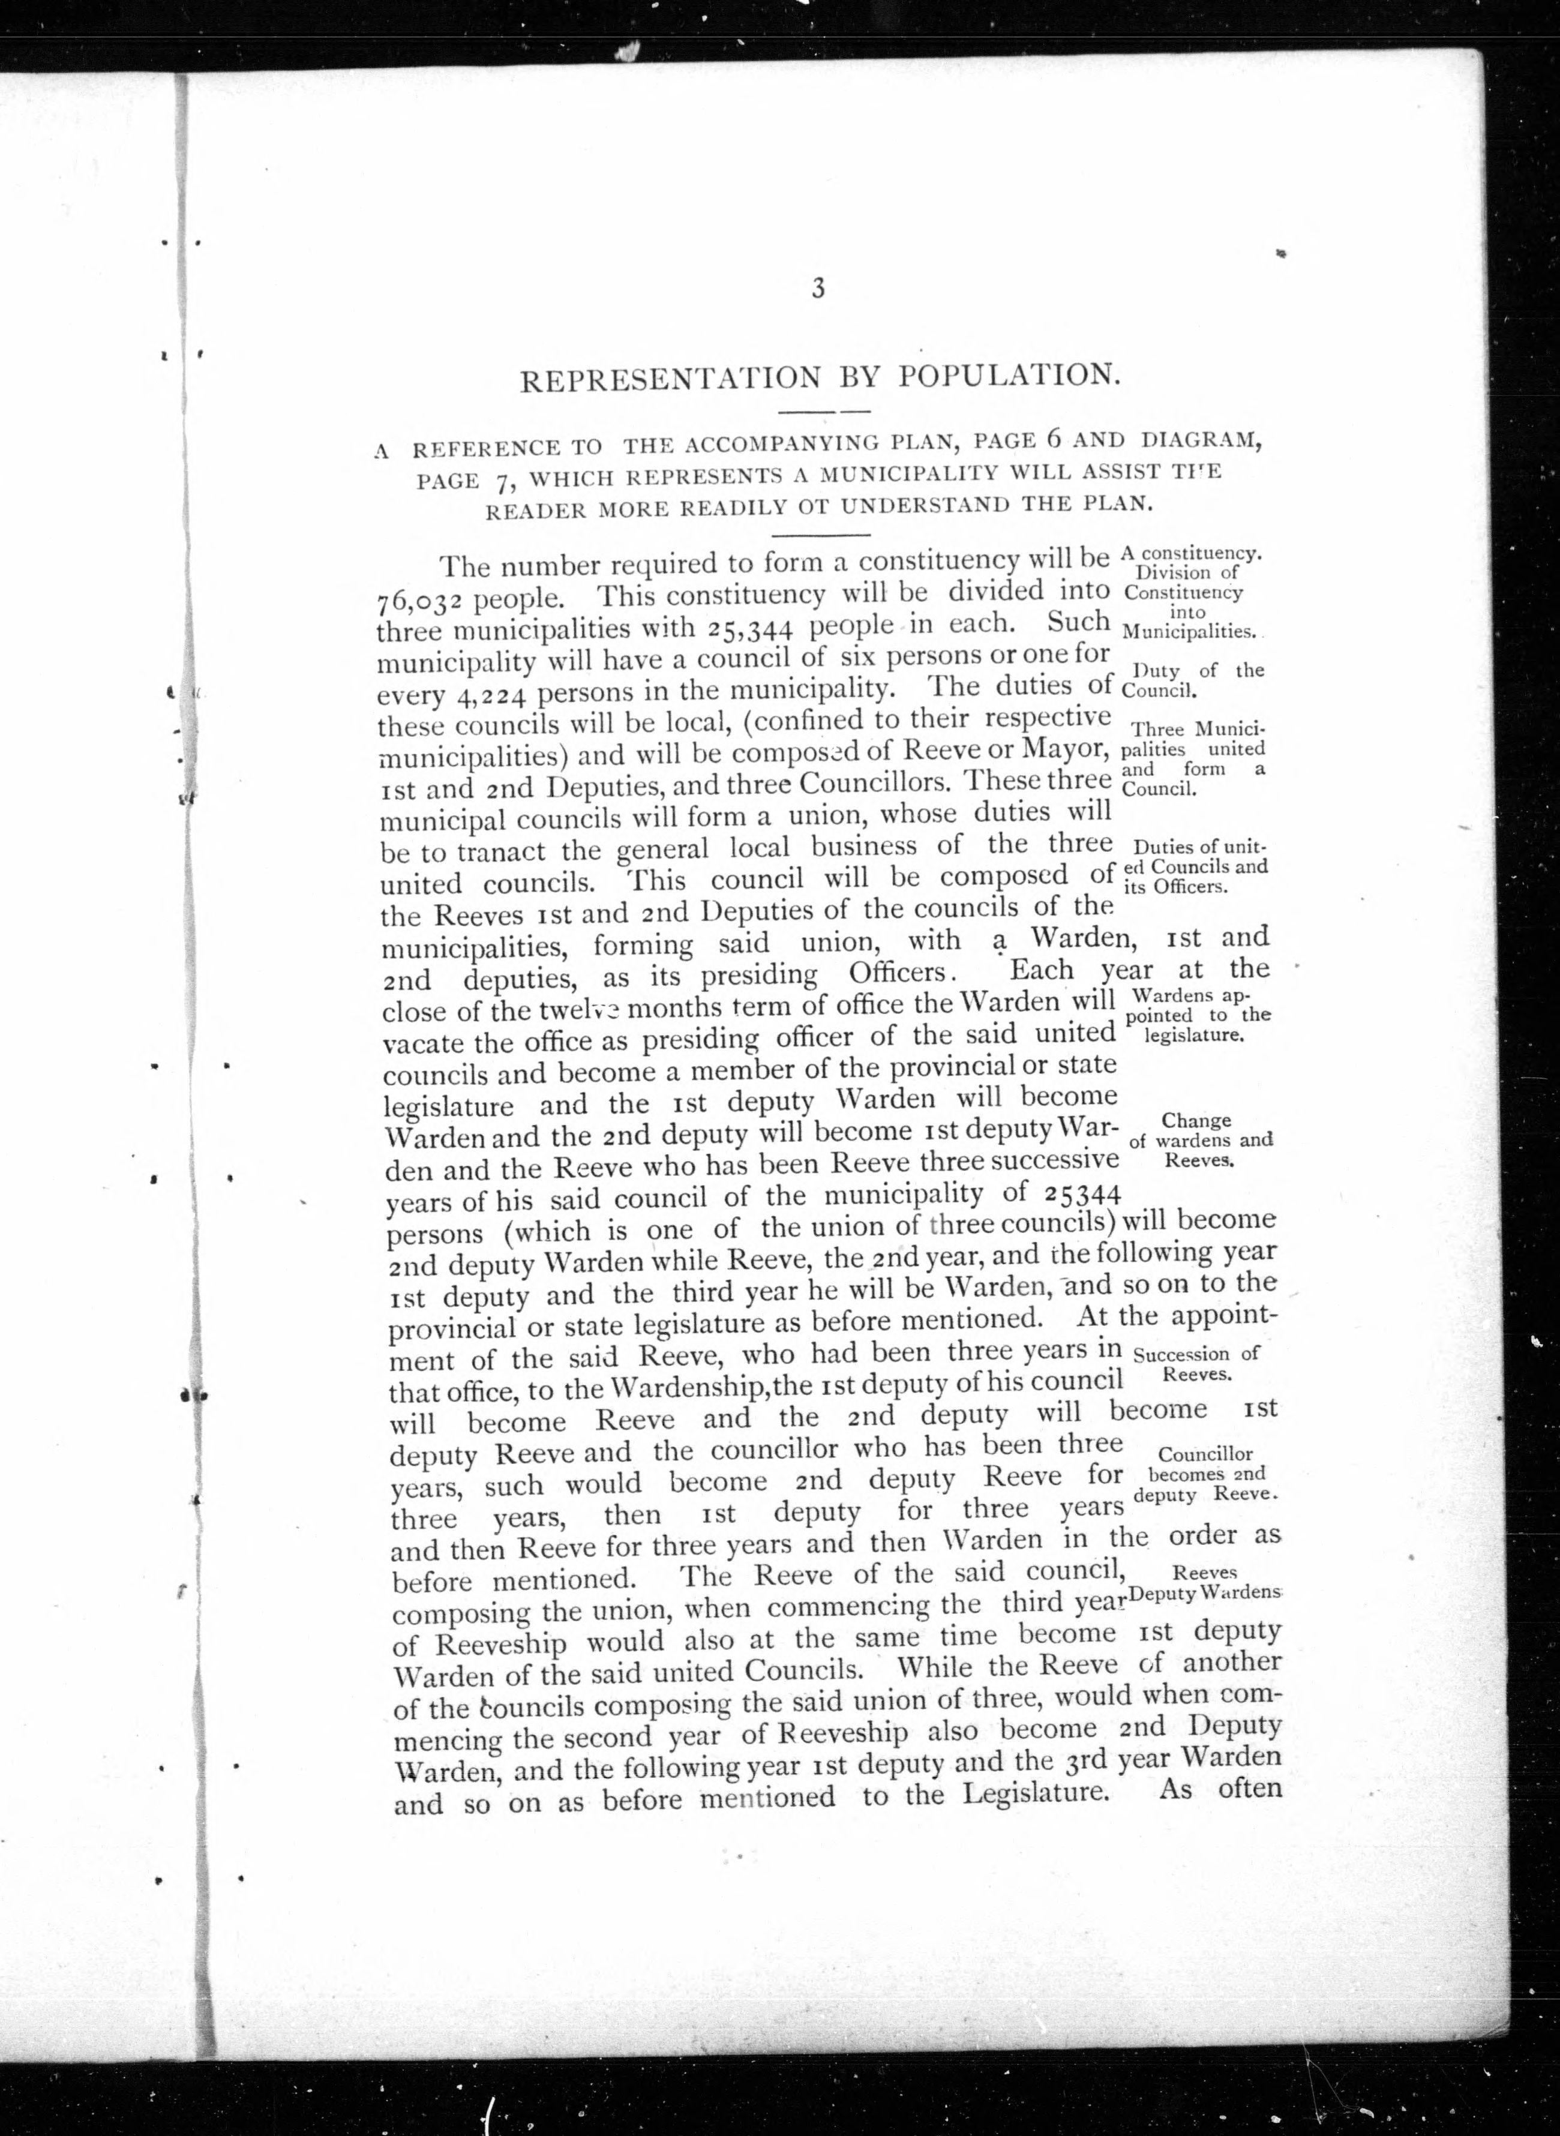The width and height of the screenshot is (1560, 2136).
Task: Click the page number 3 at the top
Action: coord(818,288)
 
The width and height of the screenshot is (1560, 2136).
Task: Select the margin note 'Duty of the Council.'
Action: coord(1193,680)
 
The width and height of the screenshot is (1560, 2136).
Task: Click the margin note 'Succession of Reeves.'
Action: coord(1195,1363)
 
